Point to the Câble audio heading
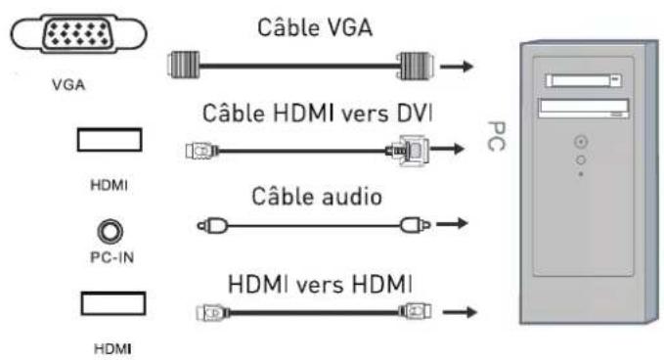306,198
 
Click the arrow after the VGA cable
458,68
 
